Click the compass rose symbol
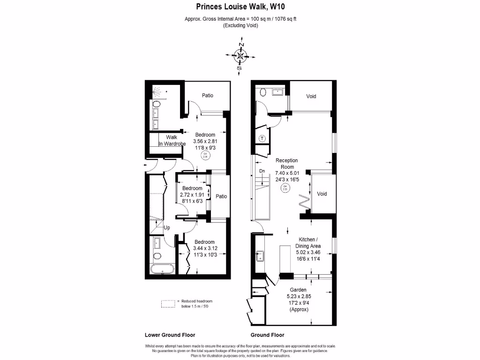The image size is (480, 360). pos(240,56)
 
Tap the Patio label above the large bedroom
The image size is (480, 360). pos(208,96)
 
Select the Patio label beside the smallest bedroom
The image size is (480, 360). pos(221,196)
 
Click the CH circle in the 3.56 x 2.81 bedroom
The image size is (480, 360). pos(204,156)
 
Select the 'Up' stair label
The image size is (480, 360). pos(166,227)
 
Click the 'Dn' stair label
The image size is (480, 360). pos(262,171)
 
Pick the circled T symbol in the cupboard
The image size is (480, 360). pos(262,138)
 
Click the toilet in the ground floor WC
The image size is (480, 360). pos(262,92)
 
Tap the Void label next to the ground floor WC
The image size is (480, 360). pos(311,97)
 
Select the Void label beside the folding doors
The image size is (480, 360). pos(322,194)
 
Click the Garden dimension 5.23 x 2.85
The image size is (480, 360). pos(298,297)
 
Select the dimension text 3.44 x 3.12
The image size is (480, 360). pos(205,248)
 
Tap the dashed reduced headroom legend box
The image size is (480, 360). pos(168,304)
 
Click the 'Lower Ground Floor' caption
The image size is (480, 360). pos(170,335)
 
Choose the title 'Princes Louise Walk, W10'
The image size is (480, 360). pos(240,7)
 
